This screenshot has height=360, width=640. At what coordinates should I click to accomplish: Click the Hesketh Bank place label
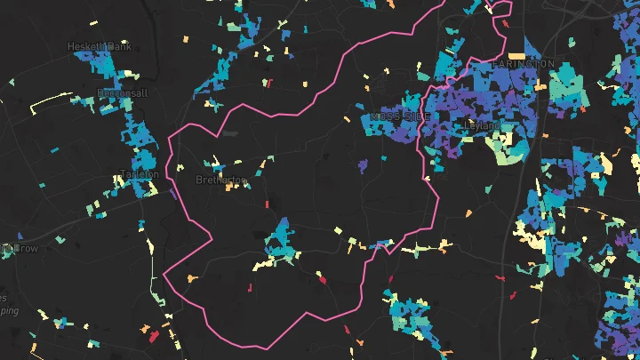coord(99,46)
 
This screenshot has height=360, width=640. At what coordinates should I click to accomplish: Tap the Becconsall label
coord(122,93)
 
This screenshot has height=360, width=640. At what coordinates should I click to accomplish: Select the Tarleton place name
coord(139,174)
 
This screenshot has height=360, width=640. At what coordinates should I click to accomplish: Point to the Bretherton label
coord(220,180)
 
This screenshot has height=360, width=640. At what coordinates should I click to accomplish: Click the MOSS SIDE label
coord(399,117)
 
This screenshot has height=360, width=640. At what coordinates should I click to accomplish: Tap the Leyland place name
coord(483,125)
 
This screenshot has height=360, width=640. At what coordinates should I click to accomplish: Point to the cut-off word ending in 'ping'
coord(9,311)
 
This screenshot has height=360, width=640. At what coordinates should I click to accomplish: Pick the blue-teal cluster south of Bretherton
coord(282,240)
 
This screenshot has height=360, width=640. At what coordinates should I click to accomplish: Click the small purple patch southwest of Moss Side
coord(362,165)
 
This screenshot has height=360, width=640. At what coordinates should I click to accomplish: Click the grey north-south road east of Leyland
coord(524,178)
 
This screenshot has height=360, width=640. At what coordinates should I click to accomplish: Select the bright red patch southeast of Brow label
coord(154,337)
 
